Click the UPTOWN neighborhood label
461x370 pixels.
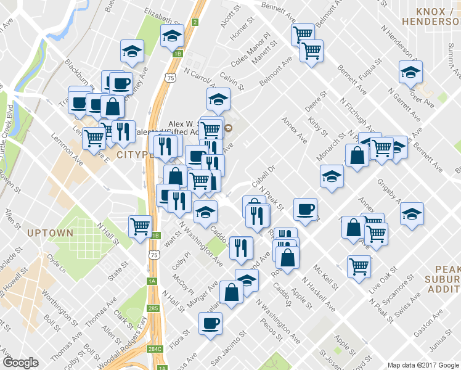click(x=50, y=233)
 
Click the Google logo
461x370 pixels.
click(x=20, y=363)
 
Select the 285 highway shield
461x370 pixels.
click(x=153, y=308)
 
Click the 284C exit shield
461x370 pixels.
click(x=154, y=350)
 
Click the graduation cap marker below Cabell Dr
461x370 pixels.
click(x=332, y=176)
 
